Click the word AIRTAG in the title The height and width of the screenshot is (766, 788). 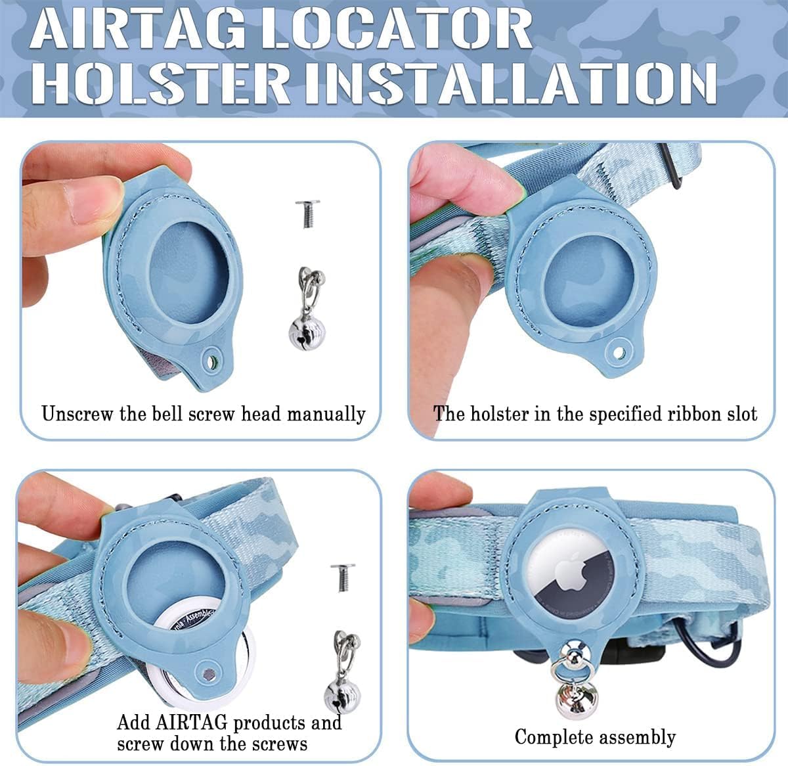coord(138,30)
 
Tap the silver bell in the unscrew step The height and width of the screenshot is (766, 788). coord(307,308)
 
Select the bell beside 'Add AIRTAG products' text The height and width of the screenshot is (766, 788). coord(343,673)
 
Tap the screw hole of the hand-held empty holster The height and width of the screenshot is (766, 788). coord(211,360)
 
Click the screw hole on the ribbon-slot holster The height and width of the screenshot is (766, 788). coord(619,351)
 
